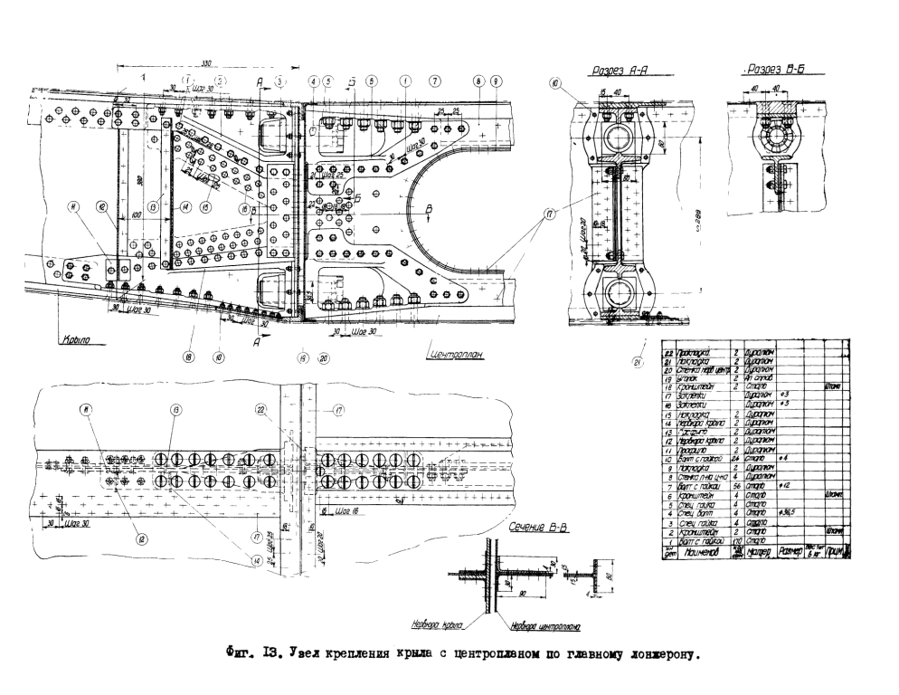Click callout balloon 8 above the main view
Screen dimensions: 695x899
pos(477,81)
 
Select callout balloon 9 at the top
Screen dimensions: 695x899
pos(496,81)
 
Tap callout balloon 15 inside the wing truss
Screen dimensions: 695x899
pos(206,206)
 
